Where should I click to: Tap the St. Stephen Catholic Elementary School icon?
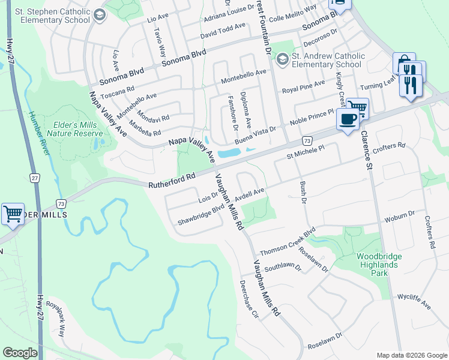pos(100,14)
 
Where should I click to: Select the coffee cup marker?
pos(348,119)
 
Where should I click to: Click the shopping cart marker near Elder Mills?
pos(12,213)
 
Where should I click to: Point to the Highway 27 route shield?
pos(35,178)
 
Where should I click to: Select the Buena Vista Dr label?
pos(255,133)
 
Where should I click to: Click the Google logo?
pos(20,353)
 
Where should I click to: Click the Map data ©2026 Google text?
pos(411,355)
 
